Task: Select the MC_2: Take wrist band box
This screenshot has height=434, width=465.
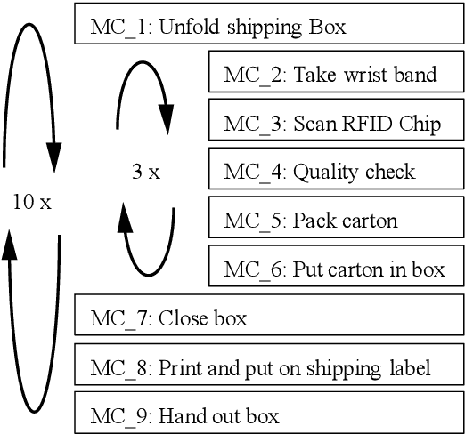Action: coord(336,73)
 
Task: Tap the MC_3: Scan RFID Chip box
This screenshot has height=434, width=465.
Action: coord(336,122)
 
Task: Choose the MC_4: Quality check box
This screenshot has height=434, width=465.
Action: coord(336,171)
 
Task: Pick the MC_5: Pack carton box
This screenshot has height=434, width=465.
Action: coord(336,220)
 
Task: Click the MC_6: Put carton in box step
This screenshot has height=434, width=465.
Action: coord(336,269)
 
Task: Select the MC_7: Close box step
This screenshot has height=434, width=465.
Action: coord(270,317)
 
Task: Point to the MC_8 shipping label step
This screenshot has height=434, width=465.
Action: coord(270,366)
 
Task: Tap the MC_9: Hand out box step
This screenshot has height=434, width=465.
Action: coord(270,414)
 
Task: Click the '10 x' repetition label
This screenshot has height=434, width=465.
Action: coord(32,202)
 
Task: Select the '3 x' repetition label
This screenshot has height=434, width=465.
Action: coord(145,172)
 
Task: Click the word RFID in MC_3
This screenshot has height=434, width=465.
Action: coord(378,123)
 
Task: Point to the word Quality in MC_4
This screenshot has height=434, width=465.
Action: coord(323,172)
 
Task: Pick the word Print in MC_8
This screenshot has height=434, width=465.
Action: coord(177,366)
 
